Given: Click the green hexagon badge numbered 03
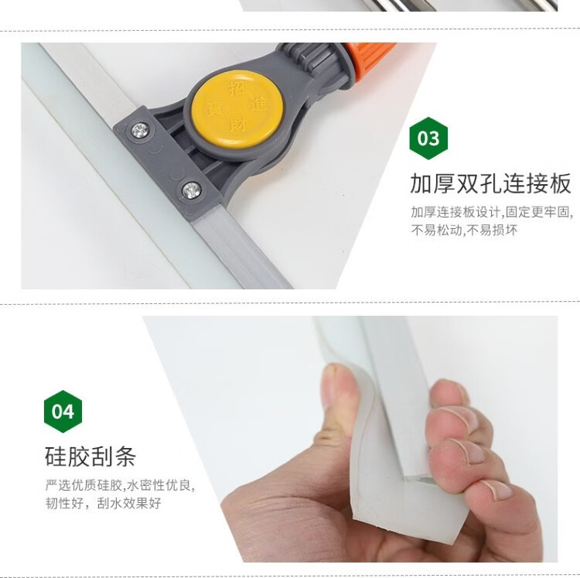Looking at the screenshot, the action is click(x=428, y=138).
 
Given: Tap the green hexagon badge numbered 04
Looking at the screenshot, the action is click(x=63, y=411).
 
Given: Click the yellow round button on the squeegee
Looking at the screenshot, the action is click(x=237, y=109).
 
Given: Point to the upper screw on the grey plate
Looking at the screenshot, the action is click(x=140, y=130).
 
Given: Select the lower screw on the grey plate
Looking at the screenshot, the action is click(x=192, y=190).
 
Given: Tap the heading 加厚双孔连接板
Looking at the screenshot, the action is click(x=490, y=183).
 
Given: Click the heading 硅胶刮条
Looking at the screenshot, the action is click(x=90, y=457).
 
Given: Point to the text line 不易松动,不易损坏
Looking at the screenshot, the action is click(x=464, y=230).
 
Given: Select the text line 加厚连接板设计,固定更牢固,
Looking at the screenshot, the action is click(x=493, y=212).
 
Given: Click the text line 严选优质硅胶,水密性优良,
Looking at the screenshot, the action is click(x=120, y=485).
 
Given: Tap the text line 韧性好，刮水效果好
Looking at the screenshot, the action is click(x=103, y=503).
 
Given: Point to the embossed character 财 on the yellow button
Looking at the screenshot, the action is click(x=238, y=124).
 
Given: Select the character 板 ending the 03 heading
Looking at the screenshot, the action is click(x=560, y=183).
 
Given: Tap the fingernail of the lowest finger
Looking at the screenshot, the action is click(x=496, y=488).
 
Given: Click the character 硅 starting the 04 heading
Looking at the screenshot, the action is click(x=56, y=457).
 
